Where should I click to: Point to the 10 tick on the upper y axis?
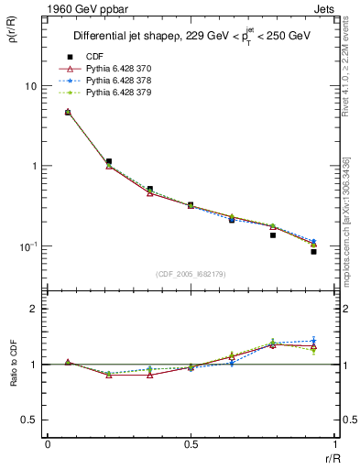point(30,86)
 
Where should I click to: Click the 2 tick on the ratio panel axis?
point(34,309)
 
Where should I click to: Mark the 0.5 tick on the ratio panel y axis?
point(30,420)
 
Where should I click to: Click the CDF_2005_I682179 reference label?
point(192,274)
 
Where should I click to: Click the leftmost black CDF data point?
point(68,113)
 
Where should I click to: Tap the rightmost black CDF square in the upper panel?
point(313,251)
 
